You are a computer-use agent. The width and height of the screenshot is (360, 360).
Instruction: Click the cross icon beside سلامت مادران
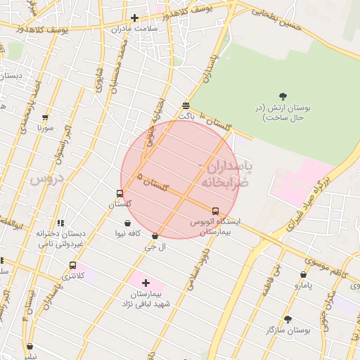tap(134, 18)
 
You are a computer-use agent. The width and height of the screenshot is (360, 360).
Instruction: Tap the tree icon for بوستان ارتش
tap(283, 96)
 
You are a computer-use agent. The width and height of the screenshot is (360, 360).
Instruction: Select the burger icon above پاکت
tap(186, 105)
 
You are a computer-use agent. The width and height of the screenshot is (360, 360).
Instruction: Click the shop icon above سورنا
tap(46, 118)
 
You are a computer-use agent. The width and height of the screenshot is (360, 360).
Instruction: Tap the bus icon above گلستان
tap(120, 193)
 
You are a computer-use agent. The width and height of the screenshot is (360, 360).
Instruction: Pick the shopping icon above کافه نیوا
tap(127, 223)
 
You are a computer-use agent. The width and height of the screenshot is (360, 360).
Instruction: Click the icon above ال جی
tap(155, 236)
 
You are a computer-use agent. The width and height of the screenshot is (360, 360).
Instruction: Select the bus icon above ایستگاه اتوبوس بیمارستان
tap(215, 210)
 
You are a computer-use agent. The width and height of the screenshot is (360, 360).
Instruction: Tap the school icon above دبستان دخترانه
tap(60, 223)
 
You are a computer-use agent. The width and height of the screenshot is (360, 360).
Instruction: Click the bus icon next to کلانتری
tap(72, 265)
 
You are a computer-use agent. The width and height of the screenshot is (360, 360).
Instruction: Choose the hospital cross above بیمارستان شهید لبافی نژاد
tap(146, 283)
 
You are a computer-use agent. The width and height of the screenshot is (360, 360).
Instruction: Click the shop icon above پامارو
tap(303, 275)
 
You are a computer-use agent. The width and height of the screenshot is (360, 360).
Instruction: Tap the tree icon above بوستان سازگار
tap(288, 319)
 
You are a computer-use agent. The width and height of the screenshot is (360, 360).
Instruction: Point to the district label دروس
tap(48, 179)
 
